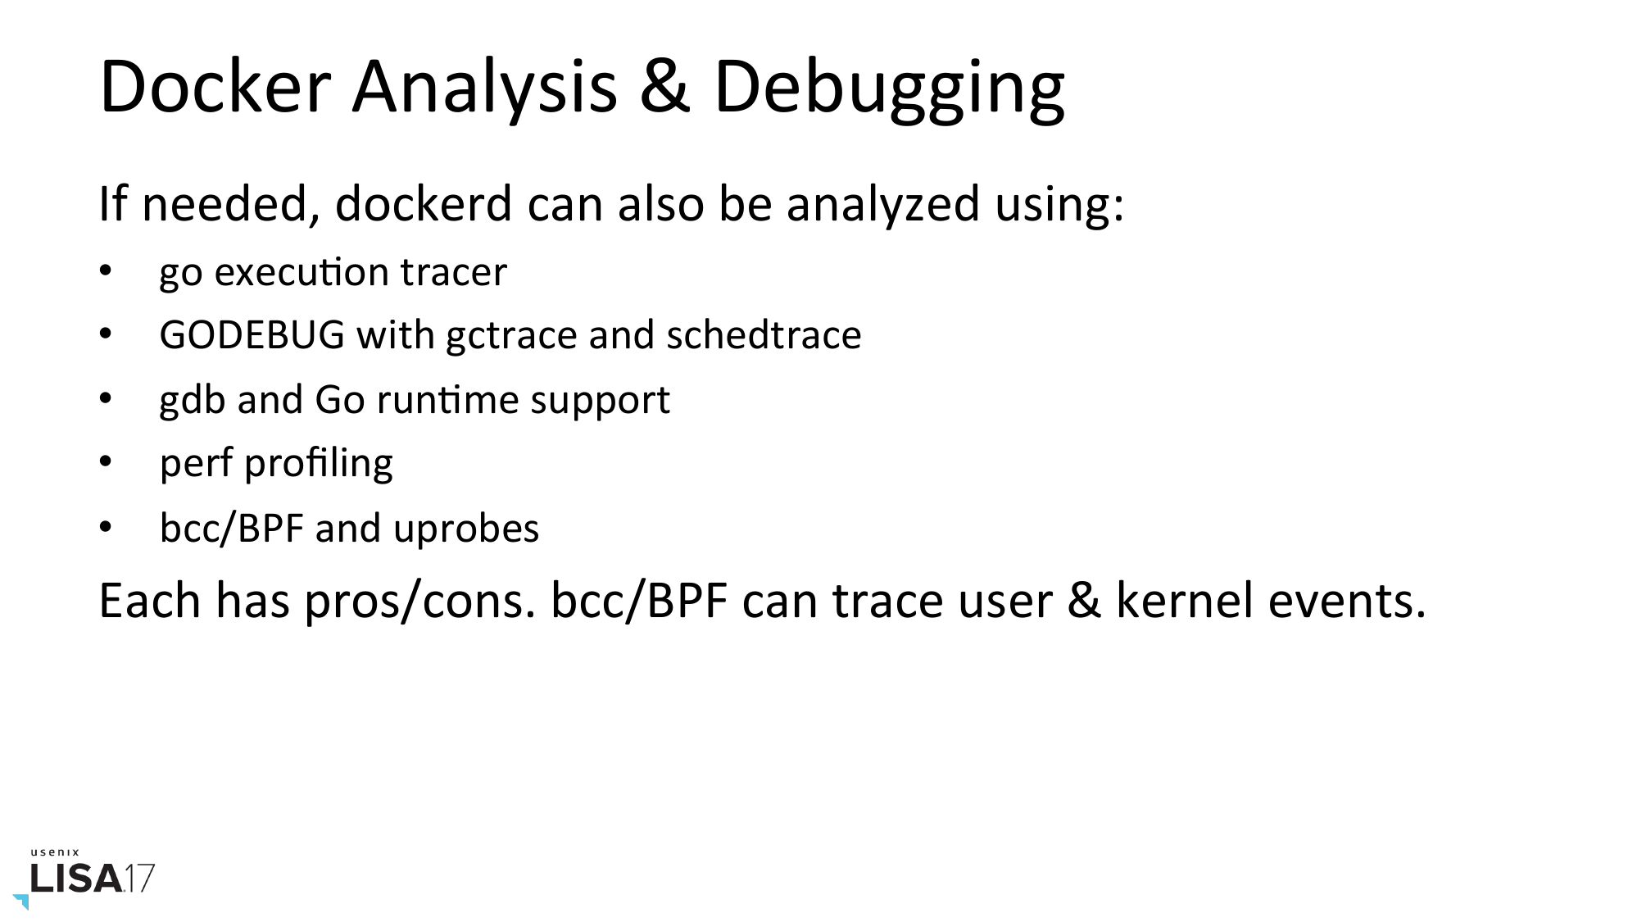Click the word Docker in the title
click(x=215, y=85)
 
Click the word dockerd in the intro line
click(x=424, y=203)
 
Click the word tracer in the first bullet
click(x=454, y=272)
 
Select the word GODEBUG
click(x=252, y=335)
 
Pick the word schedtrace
click(x=764, y=335)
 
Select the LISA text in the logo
click(x=76, y=879)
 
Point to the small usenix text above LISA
click(x=55, y=852)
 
